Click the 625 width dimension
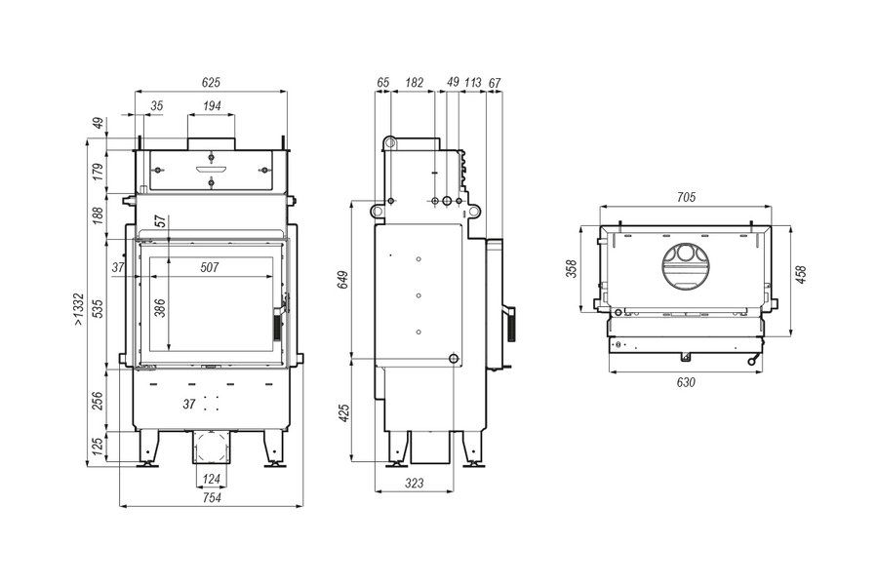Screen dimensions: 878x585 tap(211, 82)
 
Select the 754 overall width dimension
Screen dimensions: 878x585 tap(212, 497)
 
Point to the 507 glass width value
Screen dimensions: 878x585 tap(210, 267)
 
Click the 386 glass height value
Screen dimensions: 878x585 tap(160, 308)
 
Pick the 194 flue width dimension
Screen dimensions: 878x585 tap(212, 106)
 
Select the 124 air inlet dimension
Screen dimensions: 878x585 tap(212, 479)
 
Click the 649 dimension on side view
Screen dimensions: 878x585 tap(342, 279)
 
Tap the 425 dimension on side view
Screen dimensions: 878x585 tap(343, 412)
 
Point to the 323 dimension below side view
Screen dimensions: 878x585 tap(415, 483)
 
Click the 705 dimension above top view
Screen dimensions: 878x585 tap(686, 197)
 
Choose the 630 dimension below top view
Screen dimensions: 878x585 tap(686, 382)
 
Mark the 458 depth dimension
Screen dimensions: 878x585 tap(802, 274)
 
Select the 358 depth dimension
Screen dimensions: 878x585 tap(571, 269)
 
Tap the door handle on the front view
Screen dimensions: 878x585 tap(276, 325)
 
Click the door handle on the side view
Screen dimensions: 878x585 tap(509, 325)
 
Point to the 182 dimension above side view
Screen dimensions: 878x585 tap(414, 82)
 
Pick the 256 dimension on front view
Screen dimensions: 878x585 tap(98, 401)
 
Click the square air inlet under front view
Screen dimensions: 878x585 tap(212, 448)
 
